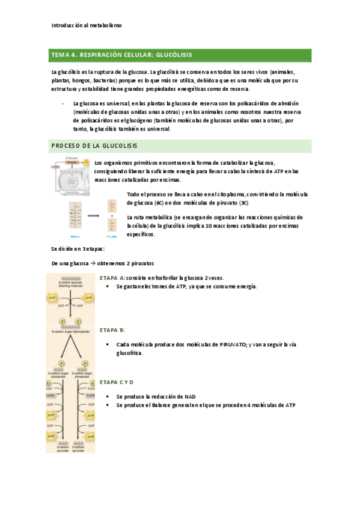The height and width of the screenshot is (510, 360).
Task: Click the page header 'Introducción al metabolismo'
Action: coord(87,26)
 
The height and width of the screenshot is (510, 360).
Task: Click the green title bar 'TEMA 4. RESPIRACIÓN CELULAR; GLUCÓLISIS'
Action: coord(180,55)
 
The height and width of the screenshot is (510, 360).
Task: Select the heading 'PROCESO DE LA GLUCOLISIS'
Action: coord(95,146)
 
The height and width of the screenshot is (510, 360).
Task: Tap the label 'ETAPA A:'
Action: coord(112,278)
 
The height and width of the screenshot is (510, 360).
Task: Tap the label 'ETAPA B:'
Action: coord(112,330)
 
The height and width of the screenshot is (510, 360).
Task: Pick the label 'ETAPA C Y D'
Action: coord(117,382)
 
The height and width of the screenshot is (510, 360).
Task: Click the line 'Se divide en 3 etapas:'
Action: coord(78,249)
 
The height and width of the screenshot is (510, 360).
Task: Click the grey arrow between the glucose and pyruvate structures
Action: coord(93,215)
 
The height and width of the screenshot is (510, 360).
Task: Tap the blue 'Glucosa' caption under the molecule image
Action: coord(75,236)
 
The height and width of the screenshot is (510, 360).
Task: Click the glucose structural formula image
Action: coord(75,215)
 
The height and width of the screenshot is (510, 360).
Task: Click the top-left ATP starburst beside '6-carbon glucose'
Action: coord(52,298)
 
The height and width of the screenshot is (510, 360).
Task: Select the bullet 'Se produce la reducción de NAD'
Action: coord(158,397)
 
